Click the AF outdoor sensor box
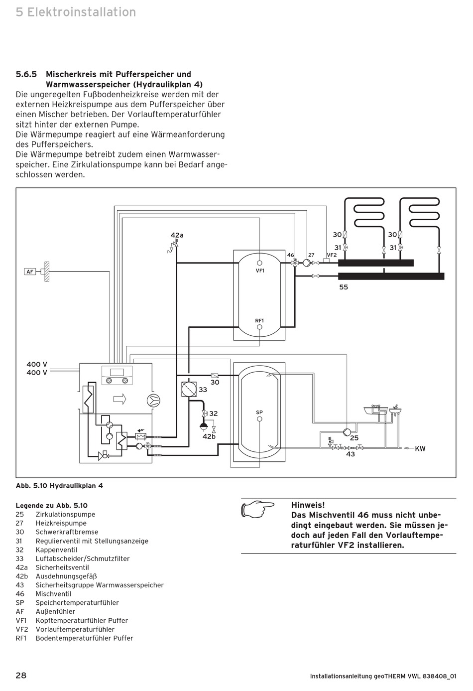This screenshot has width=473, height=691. [x=30, y=272]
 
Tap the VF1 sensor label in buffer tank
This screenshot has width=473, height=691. [x=259, y=271]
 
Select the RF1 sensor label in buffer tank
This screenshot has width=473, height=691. [x=259, y=320]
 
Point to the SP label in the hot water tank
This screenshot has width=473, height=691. [x=259, y=413]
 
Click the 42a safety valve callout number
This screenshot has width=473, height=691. [x=177, y=235]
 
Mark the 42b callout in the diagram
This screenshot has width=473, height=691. [x=209, y=436]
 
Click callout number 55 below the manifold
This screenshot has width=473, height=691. [x=344, y=287]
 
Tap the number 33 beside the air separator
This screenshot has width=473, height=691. [x=203, y=390]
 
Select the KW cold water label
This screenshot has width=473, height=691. [x=420, y=449]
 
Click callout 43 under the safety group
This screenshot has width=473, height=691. [x=351, y=454]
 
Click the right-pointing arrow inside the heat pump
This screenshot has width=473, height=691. [x=120, y=399]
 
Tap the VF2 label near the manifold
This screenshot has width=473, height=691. [x=332, y=255]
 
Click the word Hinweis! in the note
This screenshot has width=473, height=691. [x=308, y=505]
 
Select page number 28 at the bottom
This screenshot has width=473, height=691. [x=21, y=676]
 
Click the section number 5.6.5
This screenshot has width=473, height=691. [x=26, y=74]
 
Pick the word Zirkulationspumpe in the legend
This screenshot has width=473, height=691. [x=65, y=514]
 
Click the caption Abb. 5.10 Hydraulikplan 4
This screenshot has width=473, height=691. [x=59, y=485]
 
